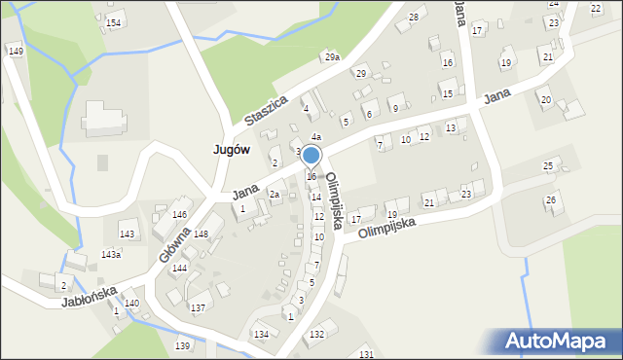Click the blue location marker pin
pos(311,156)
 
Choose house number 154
pos(114,22)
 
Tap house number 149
pos(15,51)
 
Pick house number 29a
pos(332,57)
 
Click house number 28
pos(414,18)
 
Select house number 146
pos(179,214)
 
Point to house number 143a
pos(111,254)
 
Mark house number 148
pos(201,234)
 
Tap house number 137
pos(198,307)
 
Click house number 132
pos(316,334)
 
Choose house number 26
pos(551,199)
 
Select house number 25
pos(548,166)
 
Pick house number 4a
pos(316,136)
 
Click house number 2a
pos(275,195)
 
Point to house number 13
pos(450,127)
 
